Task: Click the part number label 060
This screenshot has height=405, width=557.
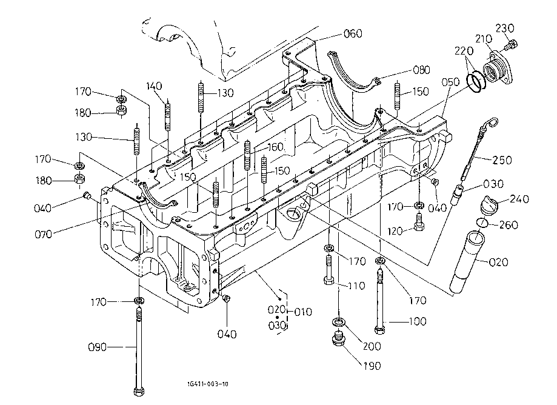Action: (353, 33)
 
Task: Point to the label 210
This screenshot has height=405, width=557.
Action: (483, 39)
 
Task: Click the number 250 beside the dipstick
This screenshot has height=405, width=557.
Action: (502, 160)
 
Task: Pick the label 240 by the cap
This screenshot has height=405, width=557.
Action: (519, 199)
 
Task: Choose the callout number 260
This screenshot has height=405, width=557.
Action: (509, 226)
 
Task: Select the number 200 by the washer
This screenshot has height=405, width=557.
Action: (372, 346)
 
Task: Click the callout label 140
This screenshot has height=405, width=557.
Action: (154, 86)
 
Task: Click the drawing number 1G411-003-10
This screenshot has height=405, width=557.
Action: (208, 384)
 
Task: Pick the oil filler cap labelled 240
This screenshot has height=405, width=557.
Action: (489, 204)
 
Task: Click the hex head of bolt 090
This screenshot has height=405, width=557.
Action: (139, 390)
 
